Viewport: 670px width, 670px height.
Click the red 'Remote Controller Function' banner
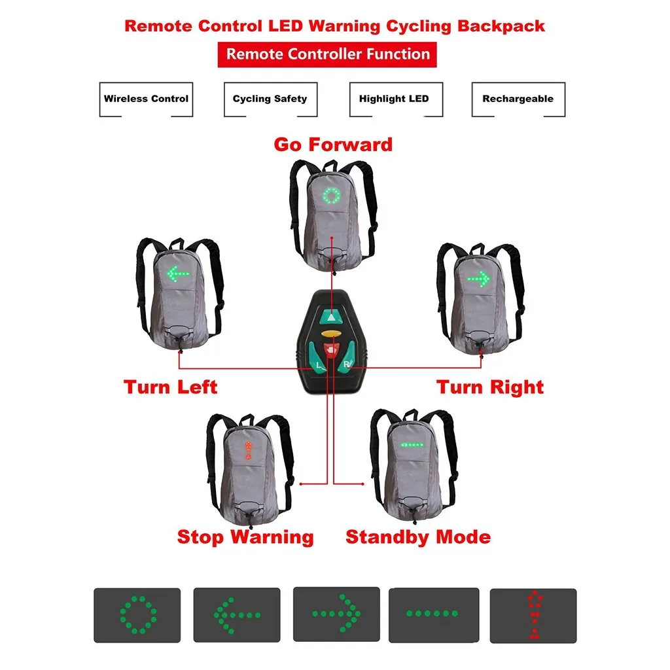click(327, 54)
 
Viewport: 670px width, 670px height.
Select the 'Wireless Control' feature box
click(146, 99)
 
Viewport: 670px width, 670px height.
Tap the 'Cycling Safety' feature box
click(270, 99)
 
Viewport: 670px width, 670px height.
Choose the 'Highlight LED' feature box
click(394, 99)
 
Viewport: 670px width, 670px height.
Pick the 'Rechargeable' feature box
click(518, 99)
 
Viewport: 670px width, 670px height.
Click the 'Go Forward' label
click(333, 144)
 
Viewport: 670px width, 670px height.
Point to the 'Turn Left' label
click(171, 387)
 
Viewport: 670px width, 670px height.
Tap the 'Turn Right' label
click(490, 387)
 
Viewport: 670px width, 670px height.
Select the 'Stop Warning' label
click(245, 537)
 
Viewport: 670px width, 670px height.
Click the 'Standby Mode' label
click(418, 537)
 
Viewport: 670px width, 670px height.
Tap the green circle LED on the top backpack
click(332, 195)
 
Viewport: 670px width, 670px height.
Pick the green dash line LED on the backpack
click(412, 445)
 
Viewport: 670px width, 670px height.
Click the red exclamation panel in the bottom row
click(533, 616)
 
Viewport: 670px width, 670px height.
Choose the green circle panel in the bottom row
click(137, 614)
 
